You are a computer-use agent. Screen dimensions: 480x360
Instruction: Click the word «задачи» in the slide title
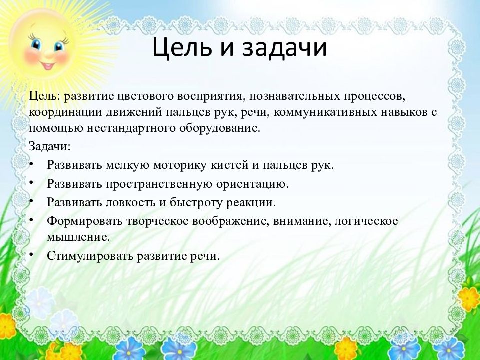tap(284, 47)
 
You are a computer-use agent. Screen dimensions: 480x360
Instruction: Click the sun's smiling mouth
tap(47, 66)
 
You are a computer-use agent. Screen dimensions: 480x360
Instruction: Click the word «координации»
tap(66, 112)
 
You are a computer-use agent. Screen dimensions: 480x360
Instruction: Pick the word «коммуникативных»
tap(325, 112)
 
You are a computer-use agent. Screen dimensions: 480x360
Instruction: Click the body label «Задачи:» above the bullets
tap(50, 146)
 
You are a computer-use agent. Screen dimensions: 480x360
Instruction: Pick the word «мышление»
tap(78, 237)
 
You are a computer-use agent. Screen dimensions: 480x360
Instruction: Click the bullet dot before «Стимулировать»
tap(31, 254)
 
